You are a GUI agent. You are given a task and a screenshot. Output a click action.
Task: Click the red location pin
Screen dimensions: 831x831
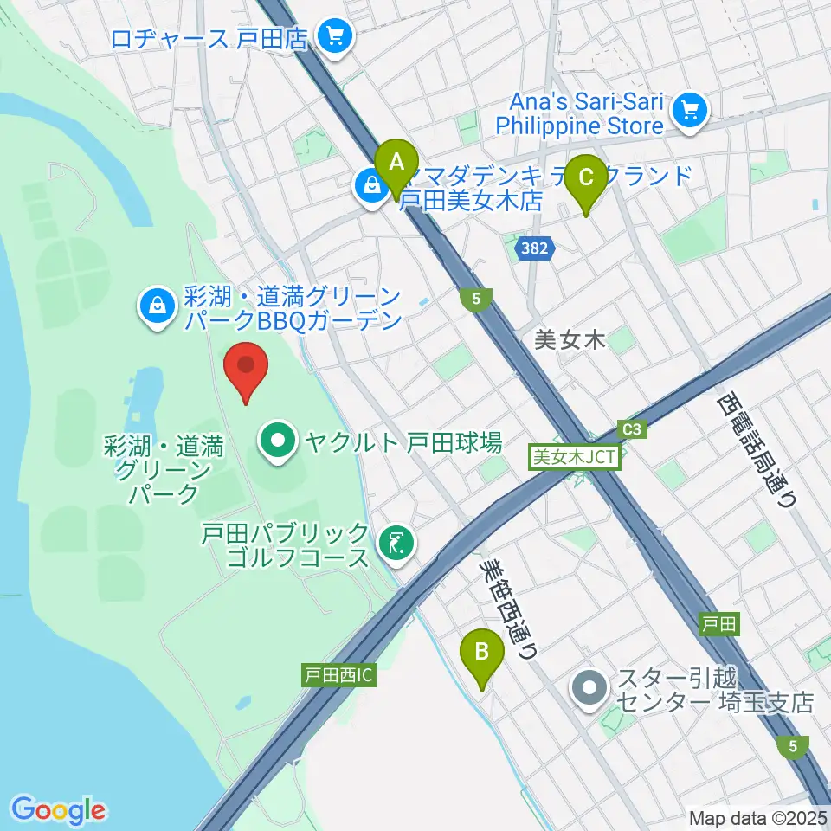[247, 370]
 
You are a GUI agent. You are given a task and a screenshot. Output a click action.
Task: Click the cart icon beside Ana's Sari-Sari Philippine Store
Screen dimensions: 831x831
[690, 110]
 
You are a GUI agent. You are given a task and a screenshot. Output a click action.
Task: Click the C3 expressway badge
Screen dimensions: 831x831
[633, 428]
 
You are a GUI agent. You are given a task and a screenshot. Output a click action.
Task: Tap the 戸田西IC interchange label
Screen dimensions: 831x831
[338, 674]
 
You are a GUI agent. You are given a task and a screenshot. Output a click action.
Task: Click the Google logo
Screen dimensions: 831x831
[59, 809]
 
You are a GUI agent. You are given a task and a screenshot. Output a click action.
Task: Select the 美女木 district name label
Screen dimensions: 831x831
[568, 340]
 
